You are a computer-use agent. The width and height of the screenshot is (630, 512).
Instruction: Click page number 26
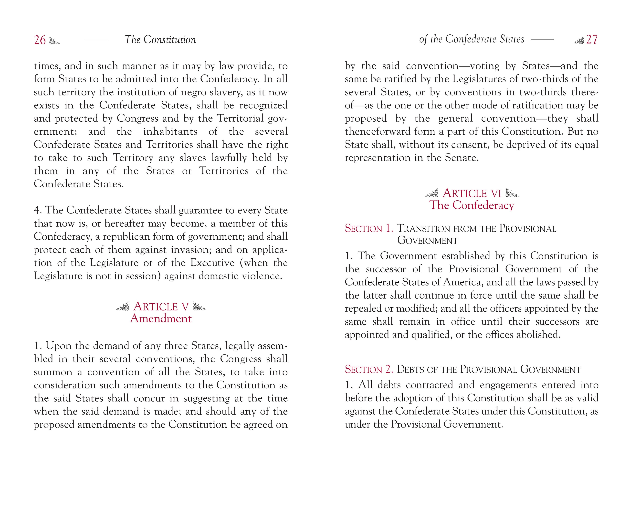point(40,40)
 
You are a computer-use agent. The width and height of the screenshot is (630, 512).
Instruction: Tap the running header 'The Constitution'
point(160,40)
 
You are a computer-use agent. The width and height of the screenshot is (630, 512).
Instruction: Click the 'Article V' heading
point(161,307)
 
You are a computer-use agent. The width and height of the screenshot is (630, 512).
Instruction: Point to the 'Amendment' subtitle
point(161,319)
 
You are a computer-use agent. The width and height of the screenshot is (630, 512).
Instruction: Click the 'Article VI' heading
point(472,193)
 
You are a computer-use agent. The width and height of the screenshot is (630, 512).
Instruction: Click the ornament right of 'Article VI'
point(512,193)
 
